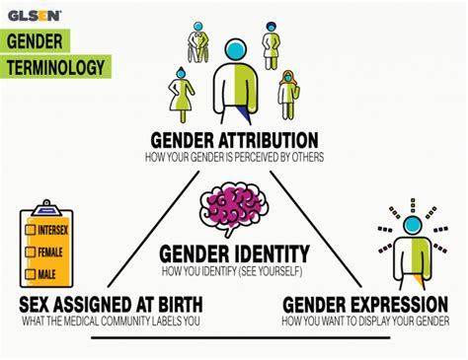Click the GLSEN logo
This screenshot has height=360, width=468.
36,15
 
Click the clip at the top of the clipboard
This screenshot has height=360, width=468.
45,208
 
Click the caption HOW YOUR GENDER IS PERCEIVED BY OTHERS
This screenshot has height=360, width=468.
234,157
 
